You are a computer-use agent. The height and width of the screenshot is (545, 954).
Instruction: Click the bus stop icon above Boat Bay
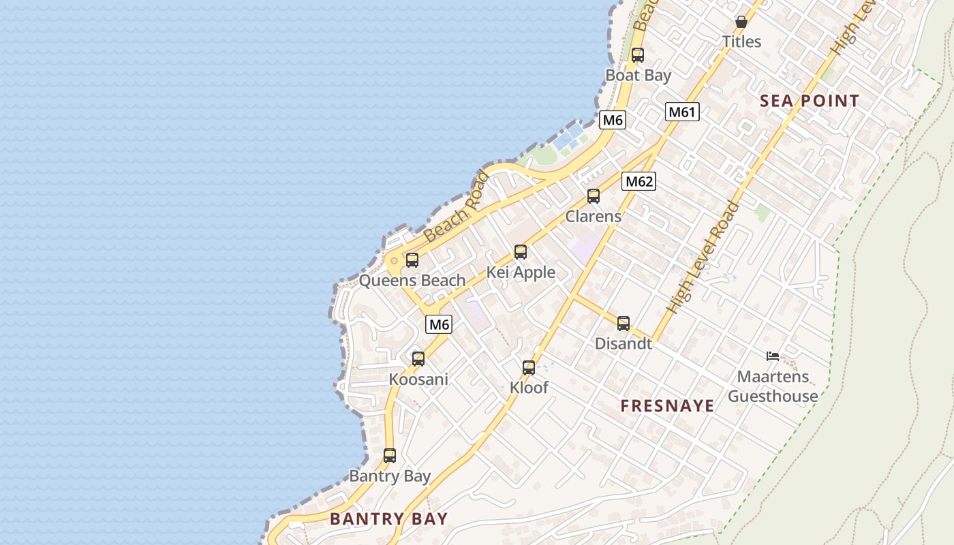pyautogui.click(x=637, y=55)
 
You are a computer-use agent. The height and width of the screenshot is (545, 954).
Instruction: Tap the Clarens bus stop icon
pyautogui.click(x=594, y=196)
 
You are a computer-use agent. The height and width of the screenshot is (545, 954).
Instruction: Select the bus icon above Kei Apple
pyautogui.click(x=521, y=252)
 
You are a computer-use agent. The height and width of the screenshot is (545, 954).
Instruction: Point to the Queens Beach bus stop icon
pyautogui.click(x=412, y=260)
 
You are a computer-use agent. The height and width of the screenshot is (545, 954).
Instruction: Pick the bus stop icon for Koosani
pyautogui.click(x=418, y=358)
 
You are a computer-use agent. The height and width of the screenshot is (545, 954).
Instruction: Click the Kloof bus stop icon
pyautogui.click(x=529, y=368)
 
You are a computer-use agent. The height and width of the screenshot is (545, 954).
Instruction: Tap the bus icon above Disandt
pyautogui.click(x=624, y=324)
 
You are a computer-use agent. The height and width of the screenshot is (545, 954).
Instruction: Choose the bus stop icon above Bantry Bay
pyautogui.click(x=390, y=456)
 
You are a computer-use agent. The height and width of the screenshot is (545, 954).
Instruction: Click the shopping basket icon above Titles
pyautogui.click(x=741, y=22)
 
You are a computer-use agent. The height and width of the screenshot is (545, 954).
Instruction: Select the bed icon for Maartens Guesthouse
pyautogui.click(x=772, y=356)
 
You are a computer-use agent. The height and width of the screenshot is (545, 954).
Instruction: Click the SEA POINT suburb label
pyautogui.click(x=810, y=102)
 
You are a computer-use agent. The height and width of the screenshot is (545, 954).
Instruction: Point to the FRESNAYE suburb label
pyautogui.click(x=667, y=406)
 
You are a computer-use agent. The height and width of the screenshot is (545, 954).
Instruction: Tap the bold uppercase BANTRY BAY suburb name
pyautogui.click(x=388, y=518)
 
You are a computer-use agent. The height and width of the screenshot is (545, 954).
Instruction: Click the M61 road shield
pyautogui.click(x=682, y=112)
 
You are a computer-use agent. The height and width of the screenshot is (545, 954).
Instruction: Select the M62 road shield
pyautogui.click(x=638, y=181)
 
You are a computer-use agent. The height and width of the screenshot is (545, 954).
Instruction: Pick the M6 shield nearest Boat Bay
pyautogui.click(x=612, y=121)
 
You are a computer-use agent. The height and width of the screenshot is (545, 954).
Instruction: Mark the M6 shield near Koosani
pyautogui.click(x=439, y=325)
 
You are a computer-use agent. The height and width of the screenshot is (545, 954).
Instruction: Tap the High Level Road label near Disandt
pyautogui.click(x=703, y=258)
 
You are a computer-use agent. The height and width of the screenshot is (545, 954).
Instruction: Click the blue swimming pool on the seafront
pyautogui.click(x=568, y=138)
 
